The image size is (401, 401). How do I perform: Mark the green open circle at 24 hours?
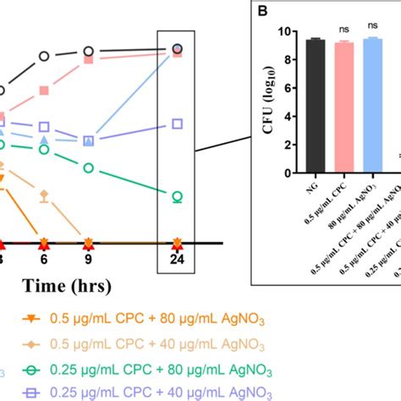coord(177,196)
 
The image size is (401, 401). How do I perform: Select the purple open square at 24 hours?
coord(177,124)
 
